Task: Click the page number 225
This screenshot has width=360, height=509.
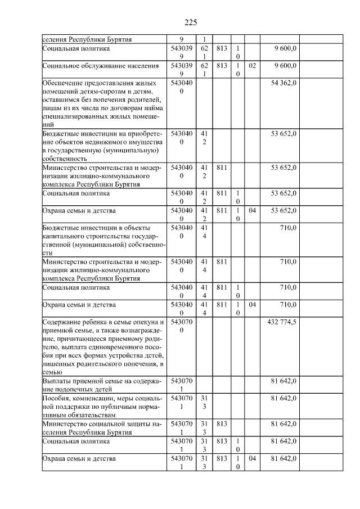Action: point(190,22)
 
